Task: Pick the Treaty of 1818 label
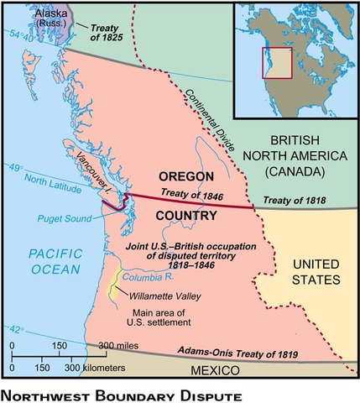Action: pyautogui.click(x=294, y=201)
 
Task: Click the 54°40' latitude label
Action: pyautogui.click(x=18, y=35)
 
